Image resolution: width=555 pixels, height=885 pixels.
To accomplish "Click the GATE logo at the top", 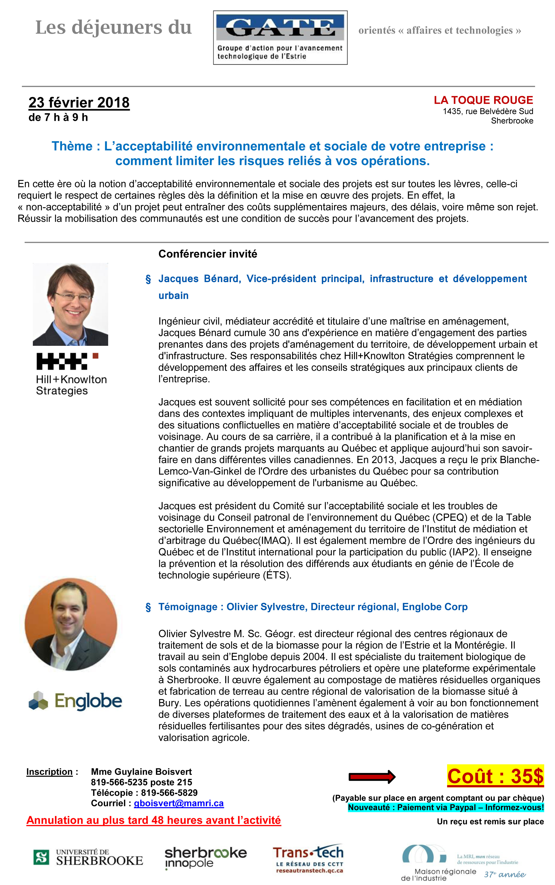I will point(280,37).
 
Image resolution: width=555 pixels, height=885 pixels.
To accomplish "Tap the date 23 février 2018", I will point(79,102).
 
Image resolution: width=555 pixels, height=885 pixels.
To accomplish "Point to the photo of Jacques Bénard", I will point(70,304).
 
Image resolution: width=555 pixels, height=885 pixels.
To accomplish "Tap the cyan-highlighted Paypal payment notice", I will point(446,807).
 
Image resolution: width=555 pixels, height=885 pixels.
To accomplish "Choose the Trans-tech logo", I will point(308,859).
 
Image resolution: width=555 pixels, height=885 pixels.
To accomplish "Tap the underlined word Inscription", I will point(49,772).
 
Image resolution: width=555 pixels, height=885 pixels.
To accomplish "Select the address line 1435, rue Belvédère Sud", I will point(488,111).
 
